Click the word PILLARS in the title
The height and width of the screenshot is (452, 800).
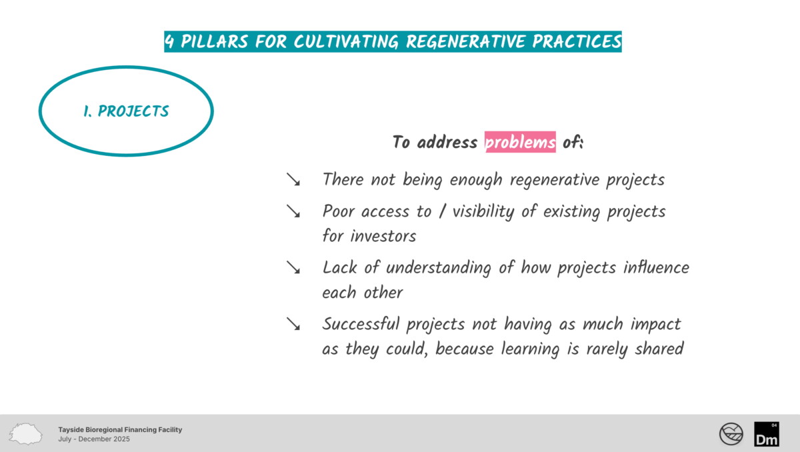tap(214, 41)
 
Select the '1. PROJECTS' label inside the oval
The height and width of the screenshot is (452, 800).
tap(126, 111)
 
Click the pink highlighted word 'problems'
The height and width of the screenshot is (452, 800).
tap(520, 142)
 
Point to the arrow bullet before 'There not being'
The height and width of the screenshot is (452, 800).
tap(293, 179)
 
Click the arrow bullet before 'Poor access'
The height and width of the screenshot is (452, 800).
tap(293, 211)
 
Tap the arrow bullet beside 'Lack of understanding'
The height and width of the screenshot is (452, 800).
tap(293, 267)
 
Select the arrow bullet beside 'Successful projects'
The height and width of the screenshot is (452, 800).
tap(293, 324)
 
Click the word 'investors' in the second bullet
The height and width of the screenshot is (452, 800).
tap(383, 236)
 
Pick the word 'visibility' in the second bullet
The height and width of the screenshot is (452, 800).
tap(483, 211)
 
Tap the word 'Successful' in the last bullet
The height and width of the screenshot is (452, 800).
tap(361, 324)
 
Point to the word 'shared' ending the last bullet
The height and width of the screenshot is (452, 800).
tap(659, 349)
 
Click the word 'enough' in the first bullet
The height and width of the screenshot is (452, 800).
tap(476, 179)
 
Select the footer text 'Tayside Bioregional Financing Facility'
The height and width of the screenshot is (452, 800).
tap(120, 429)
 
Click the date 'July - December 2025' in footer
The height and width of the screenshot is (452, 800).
tap(94, 439)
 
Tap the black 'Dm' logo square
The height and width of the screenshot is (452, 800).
tap(767, 434)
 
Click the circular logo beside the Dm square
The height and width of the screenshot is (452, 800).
tap(731, 434)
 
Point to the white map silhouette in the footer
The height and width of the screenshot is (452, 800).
tap(26, 434)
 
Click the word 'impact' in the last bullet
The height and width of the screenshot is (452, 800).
tap(656, 325)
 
